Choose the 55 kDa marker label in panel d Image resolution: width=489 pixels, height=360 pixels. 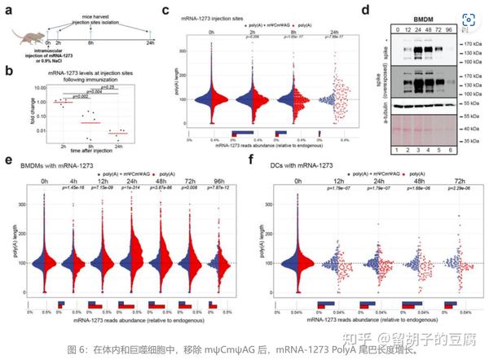[x=471, y=106]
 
